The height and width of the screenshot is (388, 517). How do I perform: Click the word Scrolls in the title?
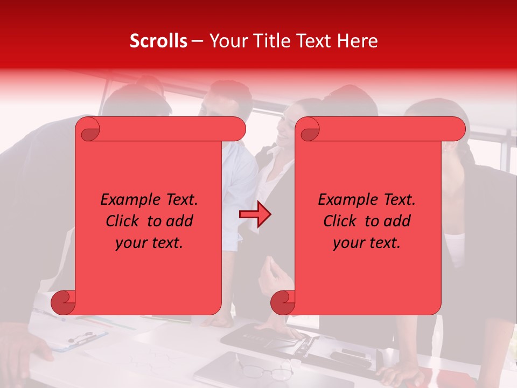coord(158,41)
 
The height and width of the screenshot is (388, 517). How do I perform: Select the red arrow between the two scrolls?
coord(255,214)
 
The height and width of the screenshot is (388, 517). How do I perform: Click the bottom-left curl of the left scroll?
coord(62,302)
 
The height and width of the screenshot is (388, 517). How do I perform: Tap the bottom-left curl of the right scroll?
coord(282,302)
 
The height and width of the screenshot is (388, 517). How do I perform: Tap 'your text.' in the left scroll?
coord(149,243)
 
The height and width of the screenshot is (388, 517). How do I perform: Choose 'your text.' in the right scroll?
coord(367,243)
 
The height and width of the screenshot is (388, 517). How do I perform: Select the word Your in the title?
coord(226,41)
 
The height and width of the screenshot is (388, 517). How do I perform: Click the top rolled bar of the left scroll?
coord(167,129)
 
